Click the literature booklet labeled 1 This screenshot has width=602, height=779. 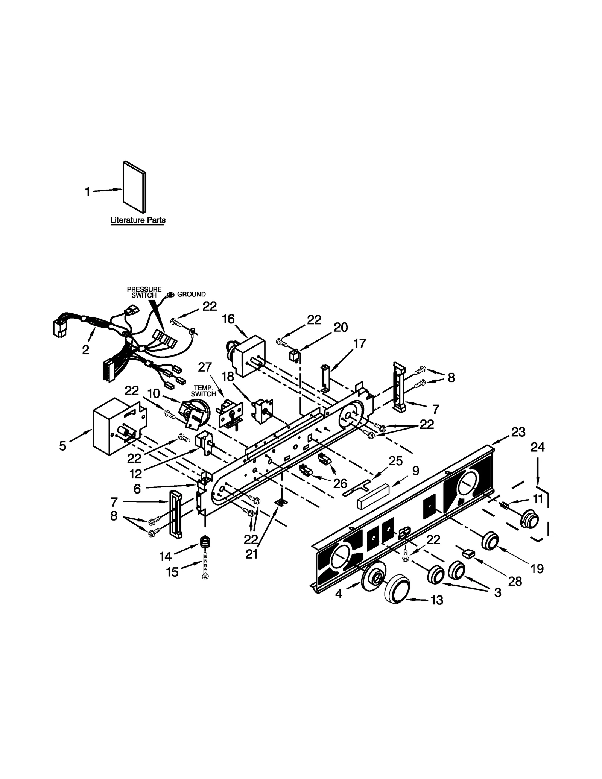tap(134, 187)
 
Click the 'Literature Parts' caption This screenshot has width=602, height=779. tap(138, 220)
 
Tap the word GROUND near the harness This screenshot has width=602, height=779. tap(191, 294)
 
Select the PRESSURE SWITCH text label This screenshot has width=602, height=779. tap(144, 292)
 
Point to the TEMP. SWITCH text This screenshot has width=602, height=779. tap(203, 391)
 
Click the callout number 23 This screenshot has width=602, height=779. tap(518, 432)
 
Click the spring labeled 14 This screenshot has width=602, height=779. tap(205, 543)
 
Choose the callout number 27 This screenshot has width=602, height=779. tap(205, 367)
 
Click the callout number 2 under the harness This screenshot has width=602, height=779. tap(86, 350)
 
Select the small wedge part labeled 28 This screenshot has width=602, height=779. tap(468, 553)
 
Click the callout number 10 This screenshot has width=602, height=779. tap(154, 393)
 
